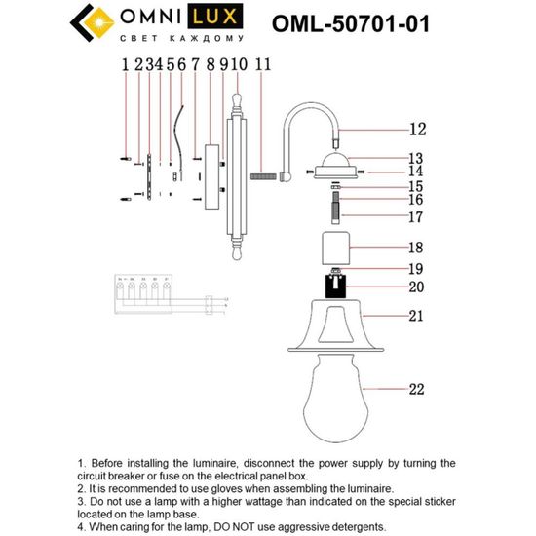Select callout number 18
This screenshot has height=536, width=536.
tap(417, 249)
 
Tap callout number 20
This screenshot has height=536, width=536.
tap(417, 287)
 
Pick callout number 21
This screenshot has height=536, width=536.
tap(417, 316)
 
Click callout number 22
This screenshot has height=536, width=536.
tap(417, 390)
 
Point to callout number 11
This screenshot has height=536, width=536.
tap(262, 66)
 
